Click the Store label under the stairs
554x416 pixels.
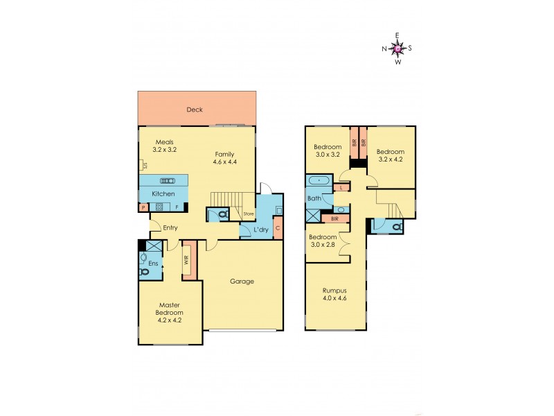point(247,214)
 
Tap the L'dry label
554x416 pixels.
point(261,229)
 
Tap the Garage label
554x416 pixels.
point(242,281)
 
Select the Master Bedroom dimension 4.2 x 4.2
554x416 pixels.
point(170,321)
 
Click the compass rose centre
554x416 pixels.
point(397,48)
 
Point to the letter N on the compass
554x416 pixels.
point(384,49)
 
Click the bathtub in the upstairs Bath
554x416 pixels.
point(319,180)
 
